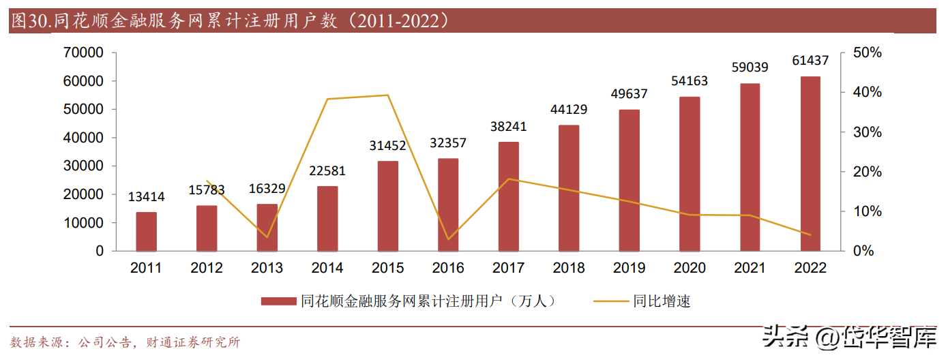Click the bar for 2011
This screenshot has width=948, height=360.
146,232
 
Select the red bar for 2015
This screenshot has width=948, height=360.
388,206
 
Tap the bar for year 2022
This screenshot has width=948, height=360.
810,164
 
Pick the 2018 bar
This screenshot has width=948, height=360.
569,188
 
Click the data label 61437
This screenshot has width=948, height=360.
810,61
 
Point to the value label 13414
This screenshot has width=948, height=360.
146,197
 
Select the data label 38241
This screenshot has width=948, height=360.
509,127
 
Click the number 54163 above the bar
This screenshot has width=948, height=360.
690,81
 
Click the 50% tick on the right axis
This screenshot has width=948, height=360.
868,52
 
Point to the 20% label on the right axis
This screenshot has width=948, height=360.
868,172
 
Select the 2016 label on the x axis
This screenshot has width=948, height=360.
448,268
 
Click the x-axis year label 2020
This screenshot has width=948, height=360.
690,268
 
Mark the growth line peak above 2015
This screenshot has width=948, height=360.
388,95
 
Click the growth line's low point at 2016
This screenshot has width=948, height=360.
448,239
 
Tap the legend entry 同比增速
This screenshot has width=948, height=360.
662,301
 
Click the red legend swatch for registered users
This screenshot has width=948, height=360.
280,301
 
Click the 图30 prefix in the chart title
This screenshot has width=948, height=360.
28,21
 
